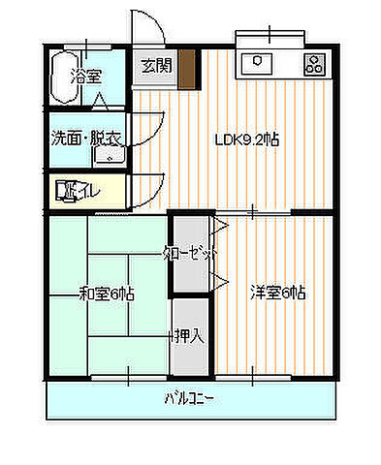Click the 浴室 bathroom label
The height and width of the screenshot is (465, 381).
coord(88,76)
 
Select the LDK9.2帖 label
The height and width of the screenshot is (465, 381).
coord(247,139)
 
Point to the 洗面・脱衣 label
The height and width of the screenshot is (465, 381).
coord(85,139)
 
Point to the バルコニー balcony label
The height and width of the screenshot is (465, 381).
coord(188,397)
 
